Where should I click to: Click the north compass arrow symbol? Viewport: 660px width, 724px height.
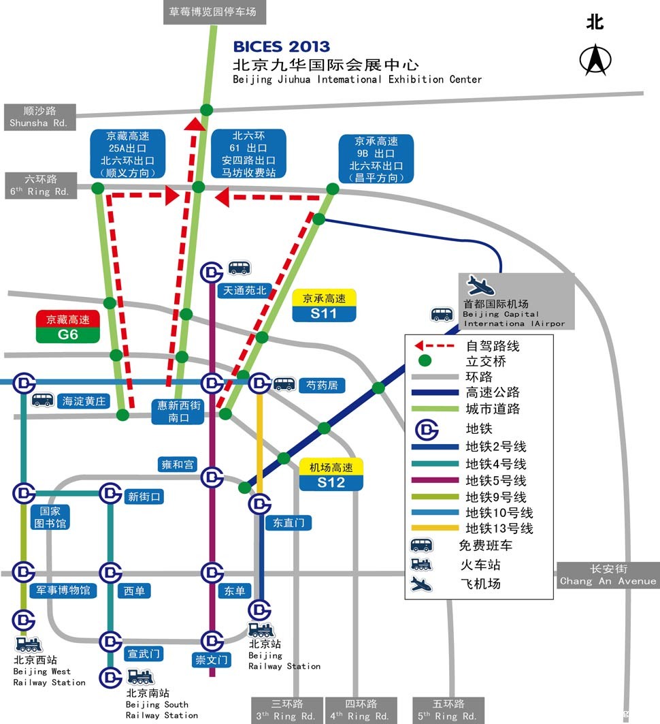click(x=595, y=60)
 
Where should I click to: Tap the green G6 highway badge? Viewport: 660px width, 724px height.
click(x=68, y=334)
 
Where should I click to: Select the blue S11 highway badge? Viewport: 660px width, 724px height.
click(x=324, y=313)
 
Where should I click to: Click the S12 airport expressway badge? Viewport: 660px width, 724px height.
click(x=331, y=482)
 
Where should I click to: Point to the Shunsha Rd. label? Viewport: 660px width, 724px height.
click(x=39, y=116)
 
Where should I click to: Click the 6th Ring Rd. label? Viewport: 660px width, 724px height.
click(x=40, y=185)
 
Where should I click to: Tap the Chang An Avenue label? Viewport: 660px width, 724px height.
click(x=608, y=575)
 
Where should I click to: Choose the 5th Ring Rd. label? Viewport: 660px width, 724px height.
click(x=448, y=710)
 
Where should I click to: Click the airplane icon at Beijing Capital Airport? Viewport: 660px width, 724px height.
click(x=481, y=285)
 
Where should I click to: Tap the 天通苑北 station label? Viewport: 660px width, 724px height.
click(x=245, y=290)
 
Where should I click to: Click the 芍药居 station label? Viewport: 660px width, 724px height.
click(x=322, y=385)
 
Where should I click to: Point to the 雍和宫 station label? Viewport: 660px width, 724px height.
click(x=178, y=465)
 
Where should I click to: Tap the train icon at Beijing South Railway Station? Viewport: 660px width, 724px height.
click(x=140, y=677)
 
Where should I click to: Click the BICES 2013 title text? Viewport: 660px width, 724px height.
click(x=281, y=47)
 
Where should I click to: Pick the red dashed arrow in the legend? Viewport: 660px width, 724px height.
click(x=435, y=346)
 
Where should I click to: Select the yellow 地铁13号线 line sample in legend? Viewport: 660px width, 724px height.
click(x=435, y=529)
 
